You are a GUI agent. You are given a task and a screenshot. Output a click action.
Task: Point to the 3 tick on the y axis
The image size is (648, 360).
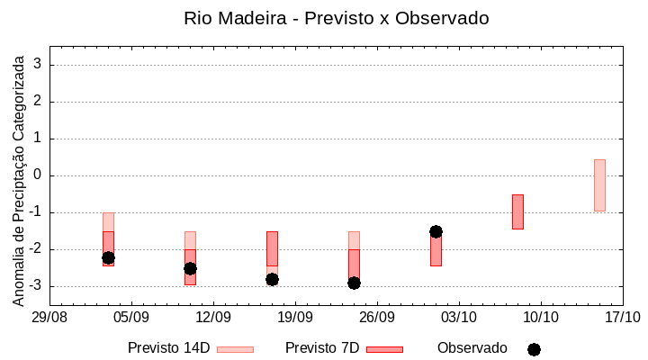[x=39, y=65]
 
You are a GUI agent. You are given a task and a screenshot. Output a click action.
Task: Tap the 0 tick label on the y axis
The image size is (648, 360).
[x=39, y=175]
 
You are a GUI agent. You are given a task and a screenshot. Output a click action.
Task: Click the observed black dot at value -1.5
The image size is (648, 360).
[x=436, y=231]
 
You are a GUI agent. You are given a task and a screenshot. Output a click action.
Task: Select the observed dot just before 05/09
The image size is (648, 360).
[x=108, y=257]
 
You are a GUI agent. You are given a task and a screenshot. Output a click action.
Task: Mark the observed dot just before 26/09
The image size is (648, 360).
[x=354, y=283]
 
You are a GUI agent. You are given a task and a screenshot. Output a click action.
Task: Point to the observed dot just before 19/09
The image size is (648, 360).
[x=272, y=279]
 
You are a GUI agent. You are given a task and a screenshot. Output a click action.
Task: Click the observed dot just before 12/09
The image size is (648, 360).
[x=190, y=268]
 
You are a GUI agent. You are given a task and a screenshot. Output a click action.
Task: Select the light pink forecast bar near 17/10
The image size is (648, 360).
[x=599, y=185]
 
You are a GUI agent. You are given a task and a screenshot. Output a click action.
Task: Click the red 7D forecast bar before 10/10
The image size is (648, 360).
[x=517, y=211]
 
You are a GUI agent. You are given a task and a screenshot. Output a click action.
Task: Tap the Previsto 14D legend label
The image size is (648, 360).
[x=168, y=348]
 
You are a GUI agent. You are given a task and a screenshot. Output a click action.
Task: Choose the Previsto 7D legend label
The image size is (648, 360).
[x=321, y=348]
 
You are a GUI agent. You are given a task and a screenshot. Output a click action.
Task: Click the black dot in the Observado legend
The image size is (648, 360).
[x=534, y=349]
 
